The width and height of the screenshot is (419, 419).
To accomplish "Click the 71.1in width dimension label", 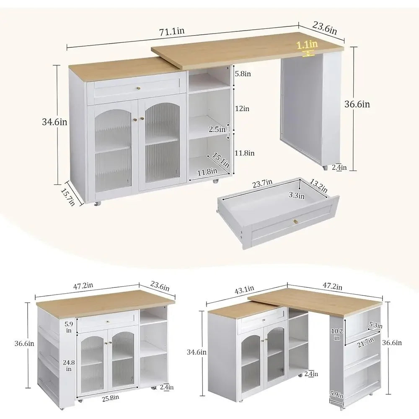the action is [x=172, y=31].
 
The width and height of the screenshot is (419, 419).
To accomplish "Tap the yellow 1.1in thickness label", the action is [x=307, y=45].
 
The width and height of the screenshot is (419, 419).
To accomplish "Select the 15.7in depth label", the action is [x=68, y=197].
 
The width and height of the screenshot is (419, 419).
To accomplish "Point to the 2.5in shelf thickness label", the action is [x=217, y=129].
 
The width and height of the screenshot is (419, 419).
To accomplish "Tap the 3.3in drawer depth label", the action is [x=296, y=195].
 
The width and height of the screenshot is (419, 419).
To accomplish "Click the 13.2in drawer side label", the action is [x=318, y=186].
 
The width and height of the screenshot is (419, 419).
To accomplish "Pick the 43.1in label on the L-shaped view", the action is [x=244, y=290].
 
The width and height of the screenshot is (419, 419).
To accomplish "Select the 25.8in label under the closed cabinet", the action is [x=110, y=398].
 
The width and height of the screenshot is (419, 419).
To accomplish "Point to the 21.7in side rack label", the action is [x=365, y=342].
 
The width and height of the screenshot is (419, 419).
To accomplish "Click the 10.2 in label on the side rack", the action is [x=337, y=334].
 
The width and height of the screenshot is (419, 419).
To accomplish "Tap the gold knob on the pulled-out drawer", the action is [x=295, y=221].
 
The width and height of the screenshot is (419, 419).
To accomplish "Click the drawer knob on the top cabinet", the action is [x=138, y=88].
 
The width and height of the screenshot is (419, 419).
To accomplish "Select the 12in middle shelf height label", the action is [x=242, y=109].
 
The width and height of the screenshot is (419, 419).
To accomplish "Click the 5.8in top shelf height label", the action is [x=243, y=73].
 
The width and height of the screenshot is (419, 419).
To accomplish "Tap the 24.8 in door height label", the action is [x=69, y=365].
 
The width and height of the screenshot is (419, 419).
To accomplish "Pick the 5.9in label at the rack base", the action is [x=336, y=394].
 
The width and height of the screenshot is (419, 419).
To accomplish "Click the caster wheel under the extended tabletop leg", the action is [x=325, y=168].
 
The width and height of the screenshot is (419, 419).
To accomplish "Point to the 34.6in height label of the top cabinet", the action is [x=54, y=122].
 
